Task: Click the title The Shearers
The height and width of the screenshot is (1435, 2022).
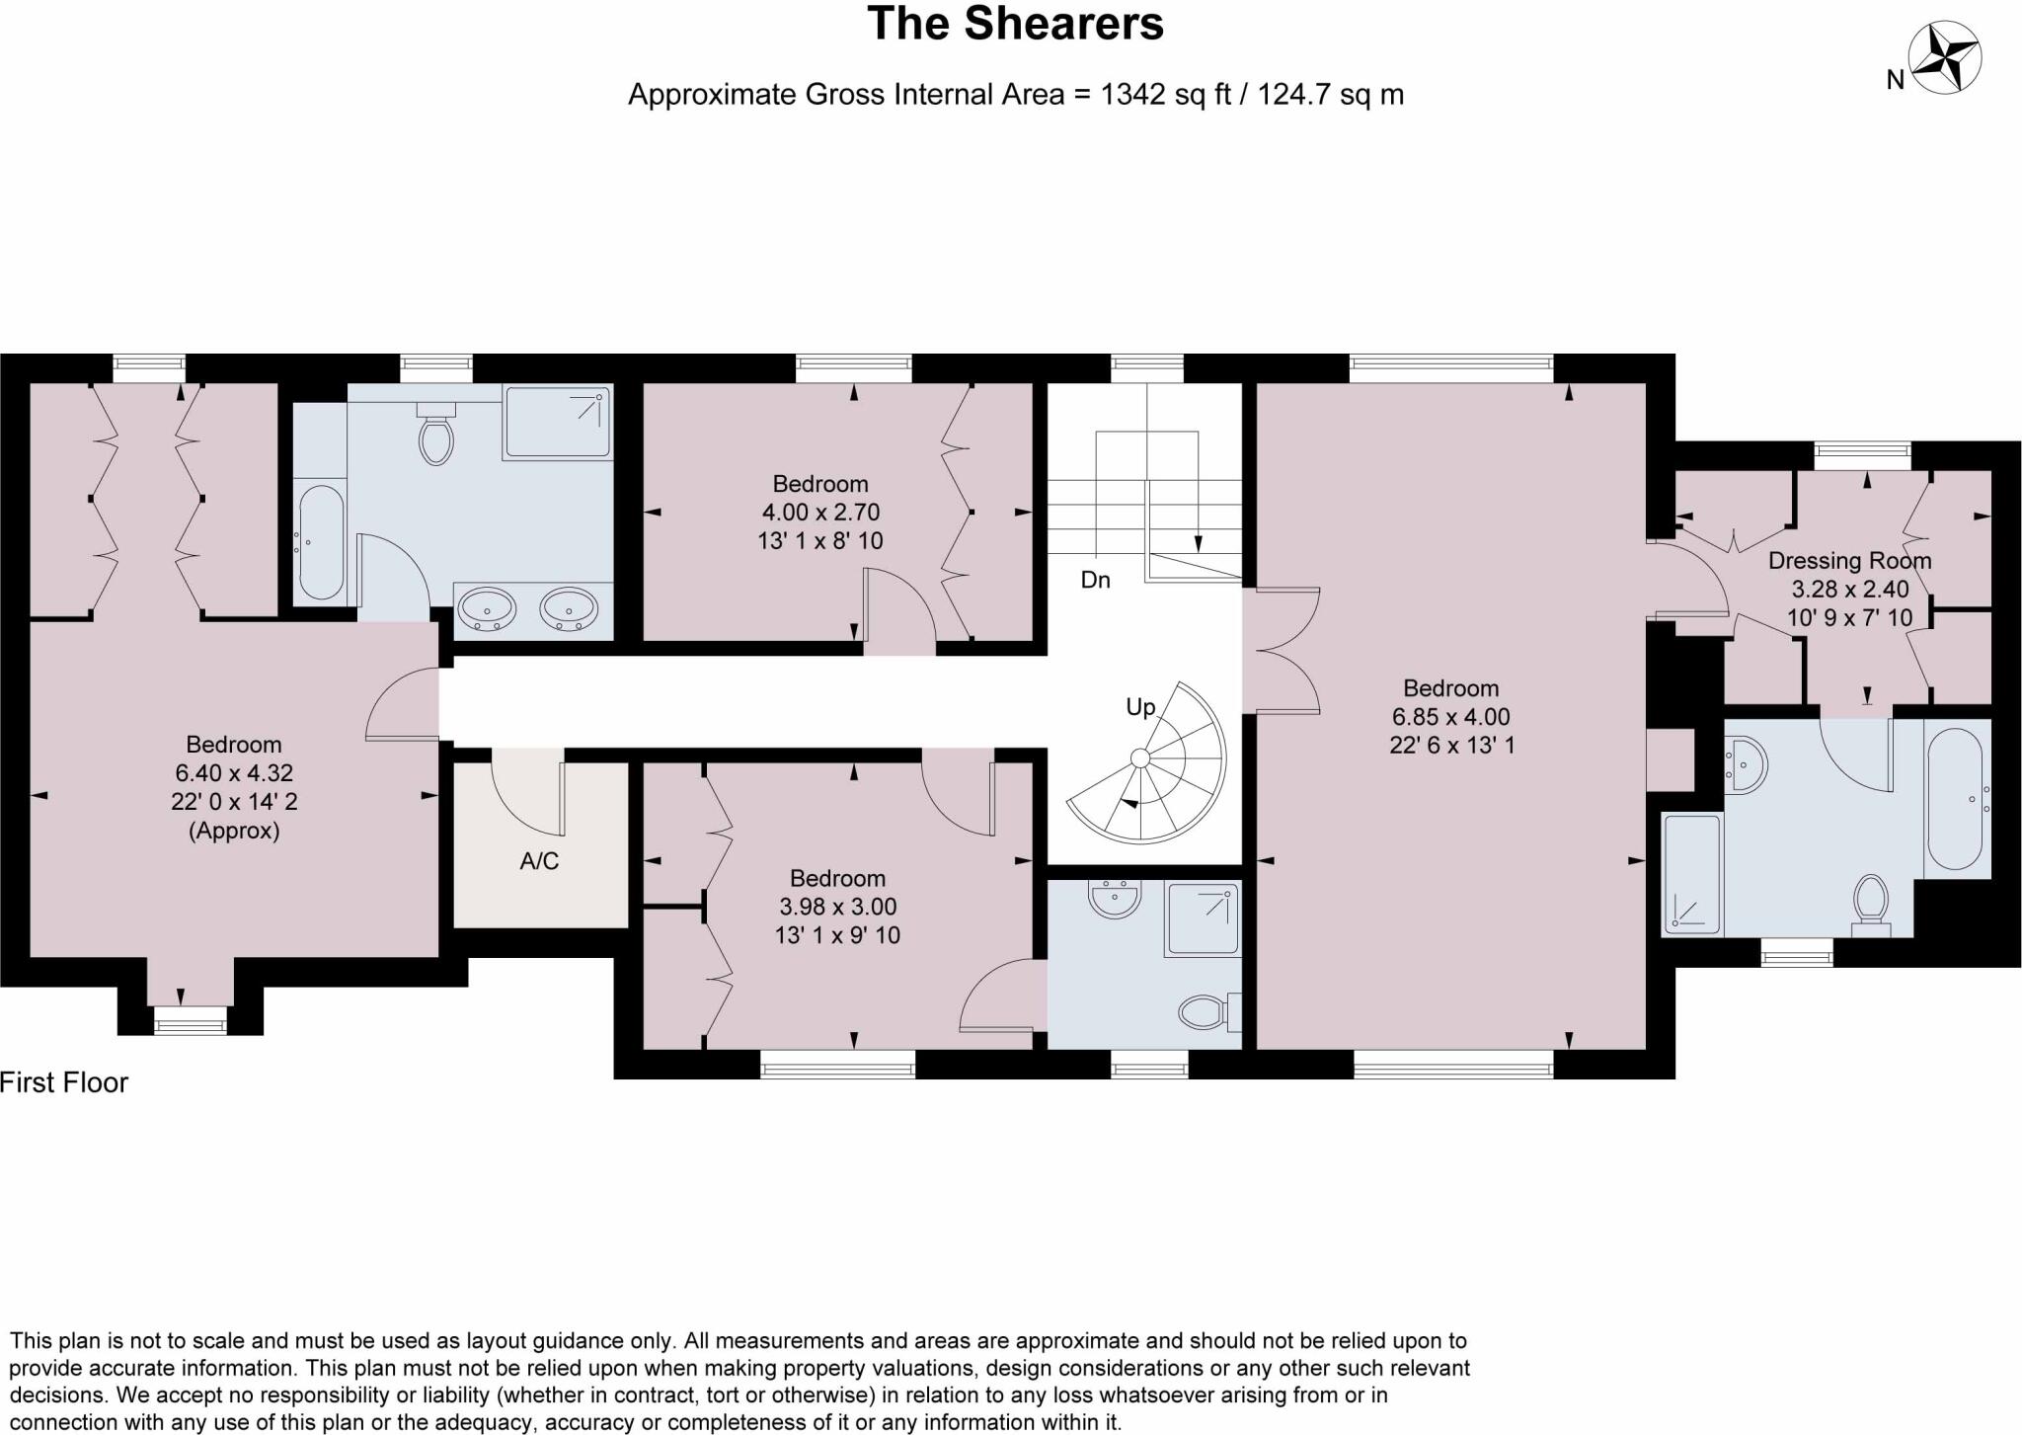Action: (1015, 25)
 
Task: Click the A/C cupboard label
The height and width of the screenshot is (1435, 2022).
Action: (539, 861)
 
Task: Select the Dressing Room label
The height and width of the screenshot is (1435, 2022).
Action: (1849, 561)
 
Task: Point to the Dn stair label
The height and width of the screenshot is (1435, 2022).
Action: (1095, 580)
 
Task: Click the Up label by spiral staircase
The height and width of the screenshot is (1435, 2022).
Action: (1140, 707)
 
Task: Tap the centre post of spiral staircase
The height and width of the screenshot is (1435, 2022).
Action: (1139, 757)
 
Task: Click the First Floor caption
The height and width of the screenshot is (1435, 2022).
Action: (64, 1082)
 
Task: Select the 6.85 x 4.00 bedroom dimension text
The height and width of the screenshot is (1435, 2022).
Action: (1450, 717)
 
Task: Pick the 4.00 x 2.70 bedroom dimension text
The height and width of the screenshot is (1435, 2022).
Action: (820, 513)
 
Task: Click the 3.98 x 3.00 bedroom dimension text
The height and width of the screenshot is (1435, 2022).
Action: (837, 907)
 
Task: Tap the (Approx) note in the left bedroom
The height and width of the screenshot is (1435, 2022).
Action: (234, 831)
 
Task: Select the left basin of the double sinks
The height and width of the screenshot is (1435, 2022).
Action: (487, 608)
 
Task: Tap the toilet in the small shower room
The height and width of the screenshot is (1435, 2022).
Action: (1203, 1011)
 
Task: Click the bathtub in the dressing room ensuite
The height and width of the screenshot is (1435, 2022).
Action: (1956, 798)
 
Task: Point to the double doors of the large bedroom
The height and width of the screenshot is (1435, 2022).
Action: (1282, 650)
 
